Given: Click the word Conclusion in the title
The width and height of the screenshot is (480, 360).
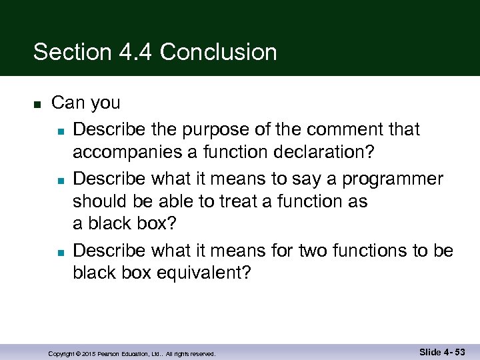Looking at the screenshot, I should click(219, 52).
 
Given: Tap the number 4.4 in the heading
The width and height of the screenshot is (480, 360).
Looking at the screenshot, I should click(133, 52).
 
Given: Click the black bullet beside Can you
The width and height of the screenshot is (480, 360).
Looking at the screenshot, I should click(37, 105).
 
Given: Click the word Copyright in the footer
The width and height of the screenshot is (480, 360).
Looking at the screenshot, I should click(61, 354).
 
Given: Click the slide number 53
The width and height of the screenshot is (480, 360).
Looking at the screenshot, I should click(459, 351).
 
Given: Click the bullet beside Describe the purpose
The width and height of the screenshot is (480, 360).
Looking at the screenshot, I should click(60, 130).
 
